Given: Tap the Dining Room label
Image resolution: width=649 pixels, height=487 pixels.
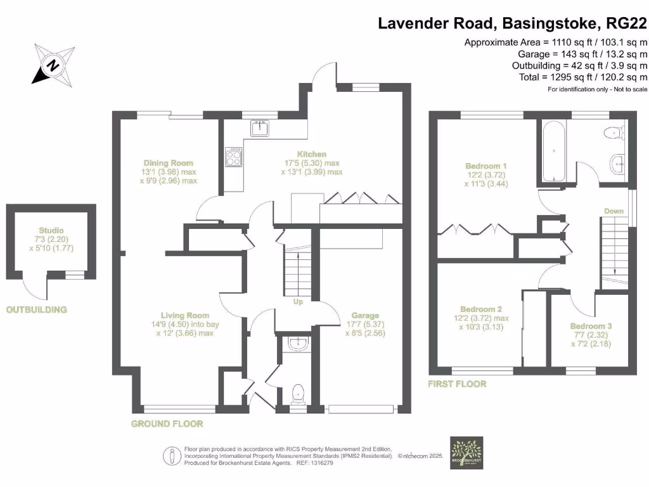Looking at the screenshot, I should coord(168,163).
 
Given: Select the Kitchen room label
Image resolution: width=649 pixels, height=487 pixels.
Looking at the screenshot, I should coord(312,154).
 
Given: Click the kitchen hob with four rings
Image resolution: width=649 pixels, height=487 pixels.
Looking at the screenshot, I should coord(233,157).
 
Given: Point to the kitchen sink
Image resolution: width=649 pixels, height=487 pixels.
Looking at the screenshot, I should coord(260,128).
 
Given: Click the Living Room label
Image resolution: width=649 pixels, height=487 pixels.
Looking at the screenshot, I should coord(184,315).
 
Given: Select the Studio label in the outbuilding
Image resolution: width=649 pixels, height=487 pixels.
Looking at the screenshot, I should coord(51,230).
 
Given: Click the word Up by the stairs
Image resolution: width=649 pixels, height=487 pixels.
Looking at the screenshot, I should coord(298,302).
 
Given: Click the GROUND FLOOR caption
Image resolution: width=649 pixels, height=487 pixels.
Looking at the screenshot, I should coord(167,424).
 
